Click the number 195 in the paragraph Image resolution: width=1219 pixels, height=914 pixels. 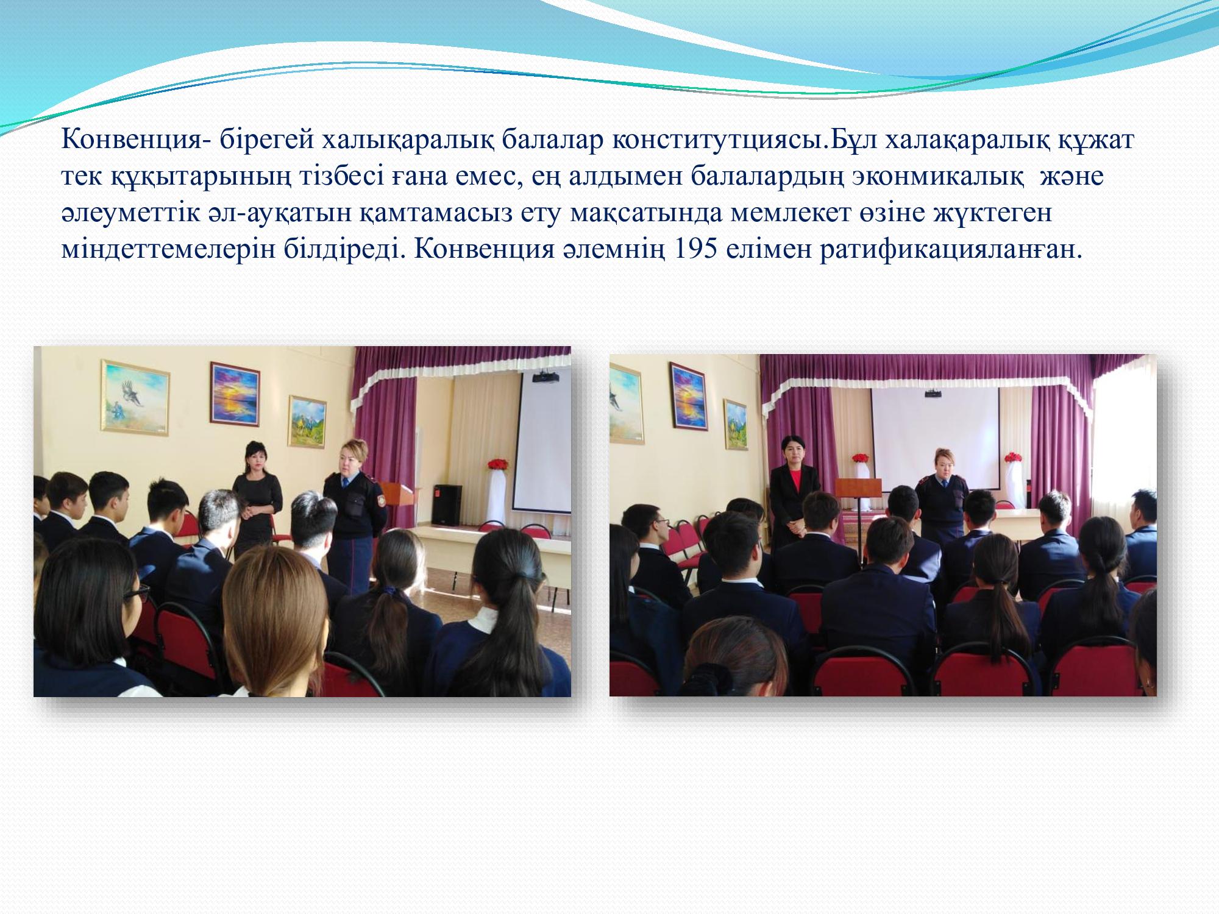[x=694, y=251]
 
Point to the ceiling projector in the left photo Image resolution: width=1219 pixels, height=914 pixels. [x=546, y=376]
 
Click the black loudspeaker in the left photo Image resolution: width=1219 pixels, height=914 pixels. [x=448, y=504]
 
